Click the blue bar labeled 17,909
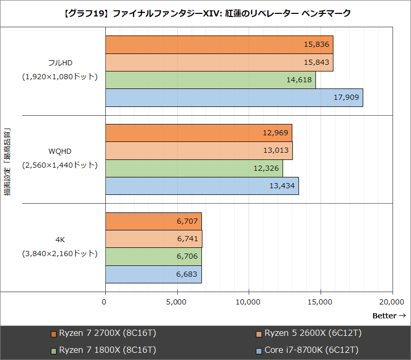point(234,98)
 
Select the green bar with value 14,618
point(210,80)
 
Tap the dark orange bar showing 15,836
point(219,45)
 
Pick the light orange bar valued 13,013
point(199,151)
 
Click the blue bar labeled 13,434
point(202,186)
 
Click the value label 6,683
point(186,274)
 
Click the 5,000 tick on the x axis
point(177,302)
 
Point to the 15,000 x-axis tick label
point(320,302)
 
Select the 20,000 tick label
point(392,302)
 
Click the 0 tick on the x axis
point(105,302)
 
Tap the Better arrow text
point(389,315)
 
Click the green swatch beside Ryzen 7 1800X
point(53,350)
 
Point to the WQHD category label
point(60,151)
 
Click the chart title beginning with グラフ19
point(206,13)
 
